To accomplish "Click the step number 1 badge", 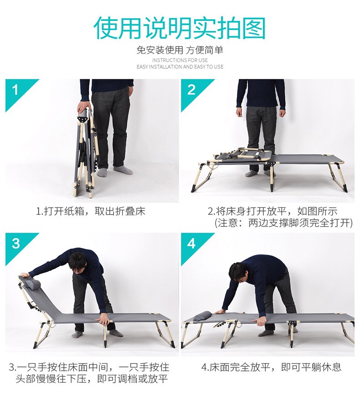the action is click(15, 90).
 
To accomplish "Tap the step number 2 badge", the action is click(191, 90).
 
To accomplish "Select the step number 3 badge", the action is click(15, 244).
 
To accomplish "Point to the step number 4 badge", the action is click(191, 244).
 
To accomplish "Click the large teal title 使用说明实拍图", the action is click(180, 28).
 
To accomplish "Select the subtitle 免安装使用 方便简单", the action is click(180, 50).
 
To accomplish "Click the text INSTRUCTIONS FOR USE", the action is click(180, 60).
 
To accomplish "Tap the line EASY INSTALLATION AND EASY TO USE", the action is click(180, 67).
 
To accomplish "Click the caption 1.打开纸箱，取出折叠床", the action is click(91, 211).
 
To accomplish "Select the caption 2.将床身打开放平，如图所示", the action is click(273, 211).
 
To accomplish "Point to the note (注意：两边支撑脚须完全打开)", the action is click(283, 223).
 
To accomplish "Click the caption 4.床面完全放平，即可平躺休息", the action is click(271, 367).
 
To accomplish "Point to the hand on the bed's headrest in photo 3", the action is click(25, 275).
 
